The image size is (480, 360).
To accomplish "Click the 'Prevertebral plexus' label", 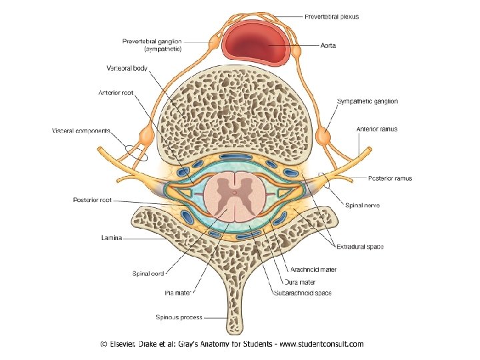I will pos(331,17).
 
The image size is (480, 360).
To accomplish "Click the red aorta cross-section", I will pos(257,44).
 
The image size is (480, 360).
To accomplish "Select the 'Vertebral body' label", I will pos(128,67).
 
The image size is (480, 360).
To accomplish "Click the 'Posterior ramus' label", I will pos(390,179).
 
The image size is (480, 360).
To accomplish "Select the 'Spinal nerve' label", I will pos(363,205).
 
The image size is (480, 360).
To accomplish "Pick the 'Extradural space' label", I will pos(360,247).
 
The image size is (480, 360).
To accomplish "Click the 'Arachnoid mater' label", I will pos(313,270).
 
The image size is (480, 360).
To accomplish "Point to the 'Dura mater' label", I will pos(307,282).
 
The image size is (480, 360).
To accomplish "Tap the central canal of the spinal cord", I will pos(234,194).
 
